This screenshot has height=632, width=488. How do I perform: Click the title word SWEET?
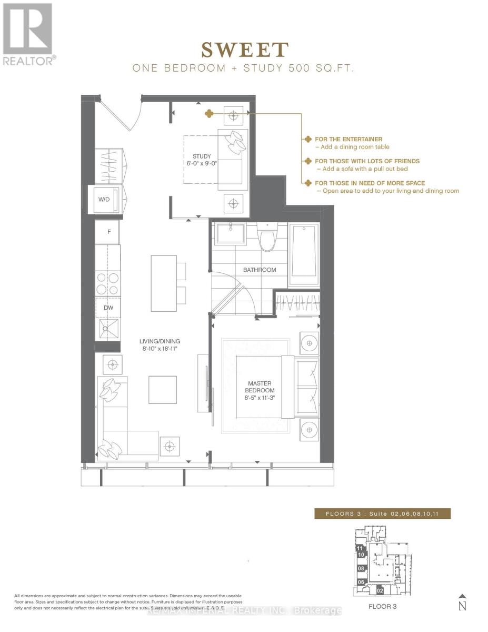pos(245,50)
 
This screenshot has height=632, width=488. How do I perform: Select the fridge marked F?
pos(108,232)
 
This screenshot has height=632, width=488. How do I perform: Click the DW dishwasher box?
pos(108,308)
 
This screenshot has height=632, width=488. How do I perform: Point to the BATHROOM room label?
pos(259,270)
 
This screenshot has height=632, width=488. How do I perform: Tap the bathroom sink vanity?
pos(231,233)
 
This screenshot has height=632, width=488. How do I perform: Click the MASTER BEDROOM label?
pos(259,387)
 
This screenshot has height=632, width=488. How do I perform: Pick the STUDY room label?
pos(202,156)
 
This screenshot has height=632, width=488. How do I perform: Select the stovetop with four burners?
pos(108,283)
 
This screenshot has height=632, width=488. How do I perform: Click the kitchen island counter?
pos(163,283)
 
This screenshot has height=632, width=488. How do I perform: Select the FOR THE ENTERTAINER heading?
pos(348,139)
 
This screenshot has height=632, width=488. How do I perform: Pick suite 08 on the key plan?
pos(361,569)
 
